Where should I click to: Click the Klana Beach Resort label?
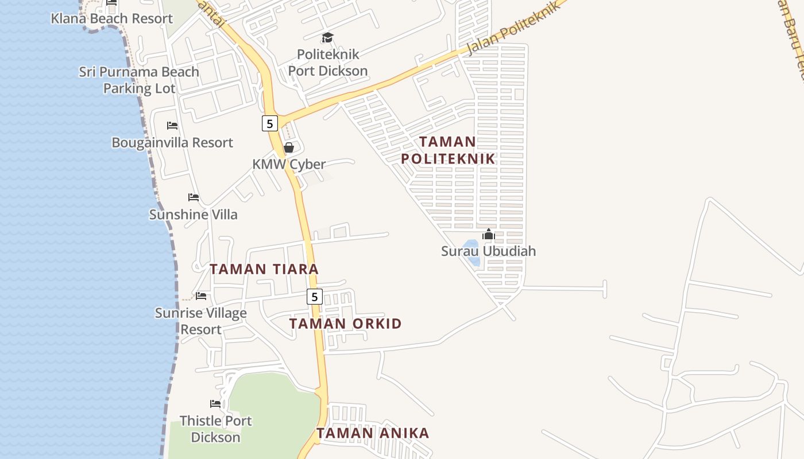[111, 18]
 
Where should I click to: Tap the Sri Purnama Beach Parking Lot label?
[139, 80]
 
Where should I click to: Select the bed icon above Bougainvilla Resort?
[172, 126]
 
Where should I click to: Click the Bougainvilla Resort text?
[172, 142]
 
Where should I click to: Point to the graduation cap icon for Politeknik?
[327, 38]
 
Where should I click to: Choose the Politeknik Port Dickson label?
[328, 63]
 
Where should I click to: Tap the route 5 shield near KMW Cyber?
[270, 123]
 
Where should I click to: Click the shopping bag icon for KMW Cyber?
[289, 148]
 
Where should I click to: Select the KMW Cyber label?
[289, 164]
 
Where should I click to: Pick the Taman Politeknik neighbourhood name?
[448, 150]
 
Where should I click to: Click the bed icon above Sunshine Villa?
[194, 197]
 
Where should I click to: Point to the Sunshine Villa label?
[193, 215]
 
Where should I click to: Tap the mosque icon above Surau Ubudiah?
[489, 234]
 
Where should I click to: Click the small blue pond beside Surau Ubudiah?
[472, 252]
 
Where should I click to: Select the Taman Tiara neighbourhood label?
[264, 269]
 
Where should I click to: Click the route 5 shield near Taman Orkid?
[314, 297]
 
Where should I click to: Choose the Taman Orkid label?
[345, 324]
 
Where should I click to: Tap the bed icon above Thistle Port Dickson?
[215, 404]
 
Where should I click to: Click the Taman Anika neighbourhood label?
[373, 433]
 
